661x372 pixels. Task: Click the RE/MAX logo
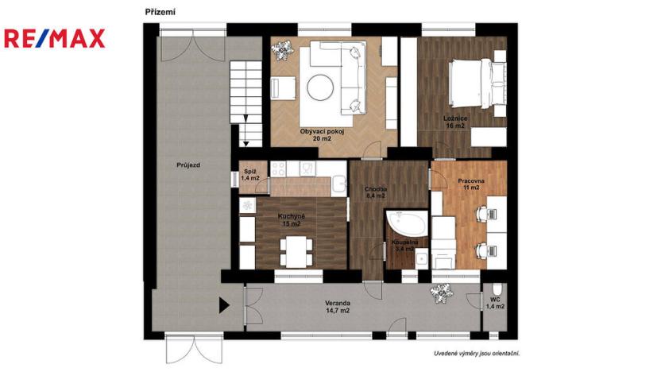tap(55, 39)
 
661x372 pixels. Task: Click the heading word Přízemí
tap(160, 11)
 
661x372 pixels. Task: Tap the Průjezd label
tap(188, 165)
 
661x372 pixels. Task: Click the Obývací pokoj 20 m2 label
tap(322, 134)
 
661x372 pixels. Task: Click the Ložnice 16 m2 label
tap(455, 122)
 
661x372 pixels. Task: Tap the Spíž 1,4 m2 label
tap(250, 175)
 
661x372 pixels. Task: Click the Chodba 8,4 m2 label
tap(376, 192)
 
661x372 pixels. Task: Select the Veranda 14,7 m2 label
tap(338, 307)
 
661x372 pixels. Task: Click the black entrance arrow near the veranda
tap(225, 304)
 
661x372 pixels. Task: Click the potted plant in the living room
tap(281, 51)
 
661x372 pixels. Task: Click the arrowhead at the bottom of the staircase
tap(246, 143)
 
